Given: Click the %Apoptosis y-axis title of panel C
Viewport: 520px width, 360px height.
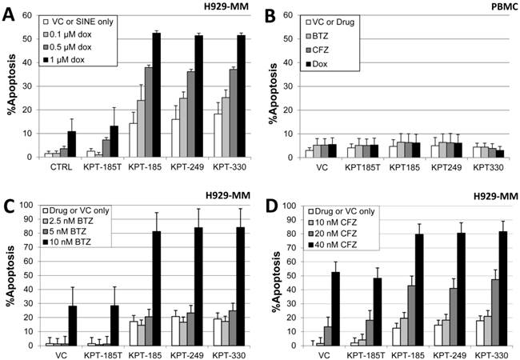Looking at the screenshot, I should coord(10,275).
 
